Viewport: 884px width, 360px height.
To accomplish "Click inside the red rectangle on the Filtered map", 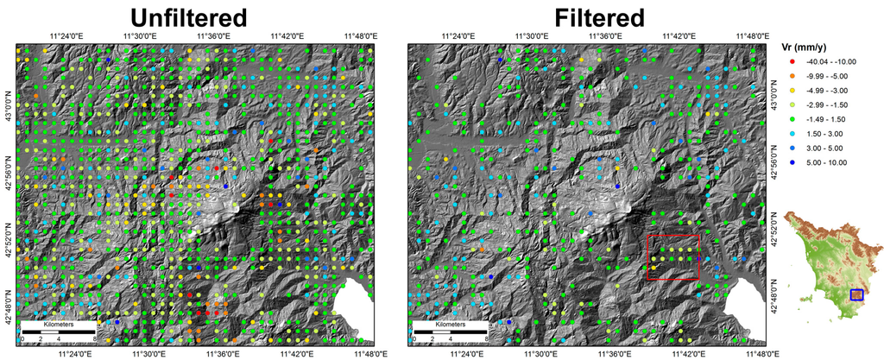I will point(673,257).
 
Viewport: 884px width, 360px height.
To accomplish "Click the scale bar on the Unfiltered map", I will point(58,332).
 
